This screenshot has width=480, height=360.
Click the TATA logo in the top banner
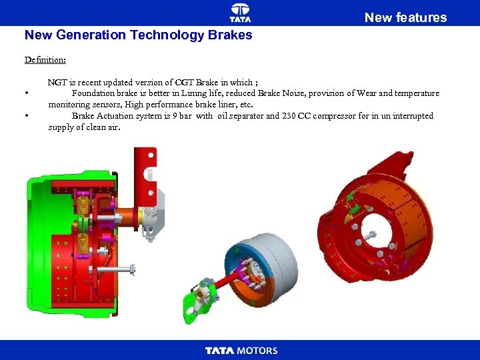(240, 13)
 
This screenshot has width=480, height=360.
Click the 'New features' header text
(405, 17)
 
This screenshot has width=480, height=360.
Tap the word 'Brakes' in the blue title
(230, 35)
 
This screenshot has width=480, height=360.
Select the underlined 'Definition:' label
(45, 59)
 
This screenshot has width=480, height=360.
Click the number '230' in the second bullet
(289, 116)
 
